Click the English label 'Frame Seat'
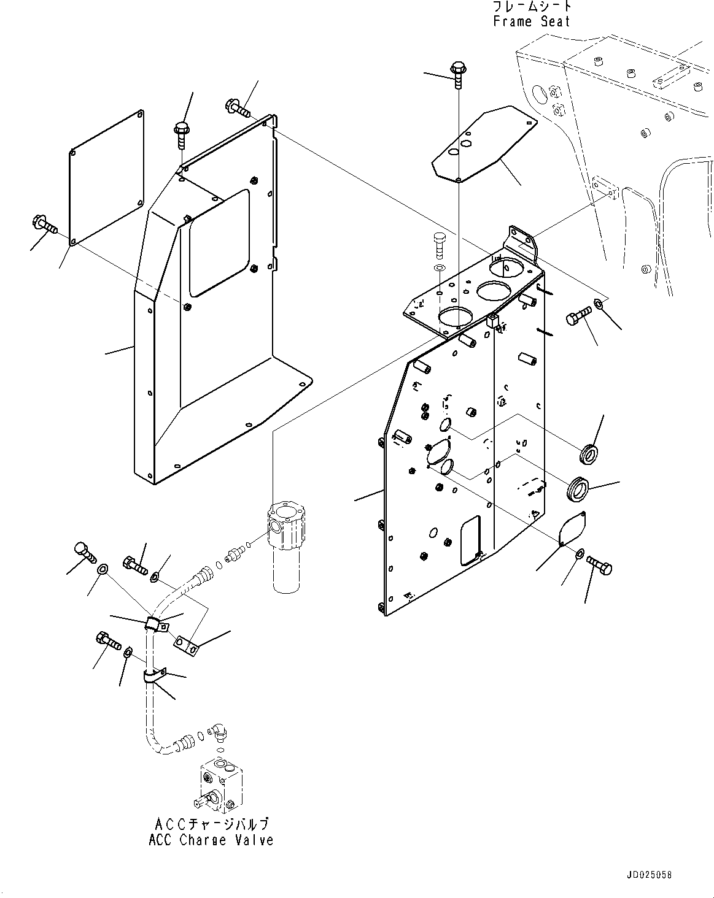532,21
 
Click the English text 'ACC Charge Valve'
211,840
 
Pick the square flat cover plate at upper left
107,177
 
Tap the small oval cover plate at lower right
572,528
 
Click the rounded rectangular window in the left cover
219,243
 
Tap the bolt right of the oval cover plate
600,566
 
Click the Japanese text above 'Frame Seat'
532,6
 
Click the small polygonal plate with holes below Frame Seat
484,144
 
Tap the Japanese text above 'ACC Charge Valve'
212,824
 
